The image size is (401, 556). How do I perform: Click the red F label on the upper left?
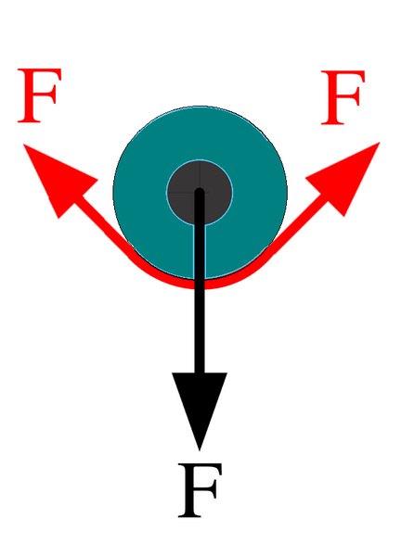39,95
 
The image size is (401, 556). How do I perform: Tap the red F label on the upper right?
343,97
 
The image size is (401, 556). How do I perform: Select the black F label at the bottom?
200,490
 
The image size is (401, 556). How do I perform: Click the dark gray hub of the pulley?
200,192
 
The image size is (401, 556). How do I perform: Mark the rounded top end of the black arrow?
200,192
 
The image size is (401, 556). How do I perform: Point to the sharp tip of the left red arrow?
23,144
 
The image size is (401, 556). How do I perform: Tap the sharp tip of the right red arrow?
380,142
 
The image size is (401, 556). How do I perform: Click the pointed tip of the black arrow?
200,450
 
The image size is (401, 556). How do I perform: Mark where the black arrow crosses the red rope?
200,284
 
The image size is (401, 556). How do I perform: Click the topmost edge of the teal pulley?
200,106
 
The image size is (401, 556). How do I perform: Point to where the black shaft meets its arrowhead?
200,373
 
